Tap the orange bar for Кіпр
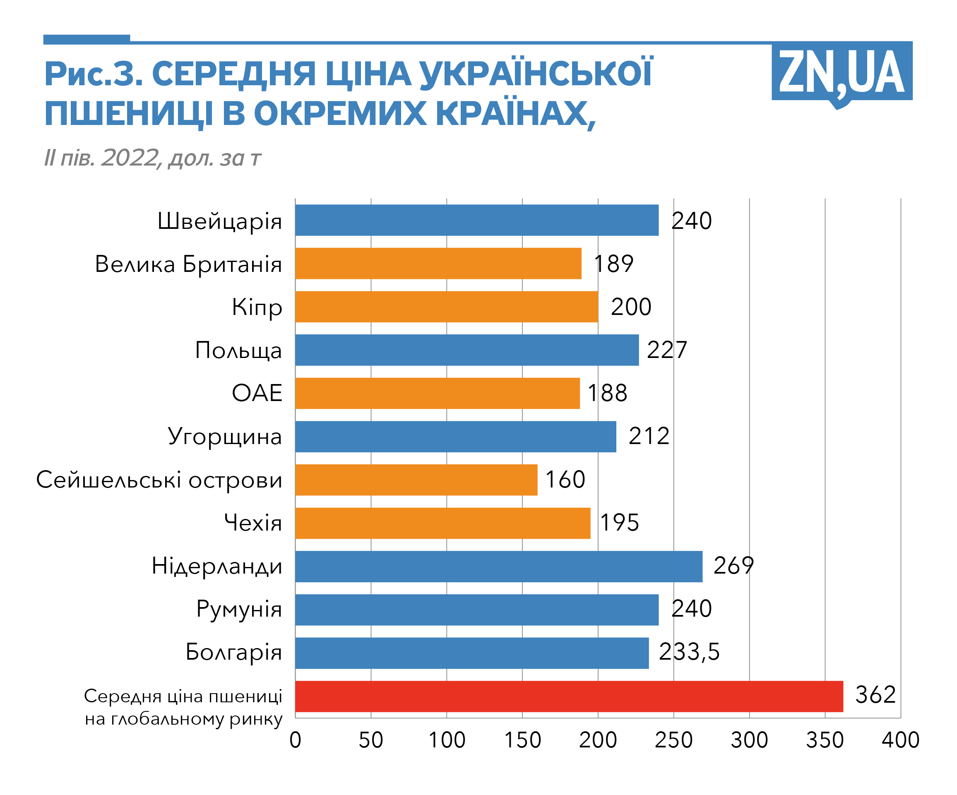click(446, 307)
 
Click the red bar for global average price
click(569, 696)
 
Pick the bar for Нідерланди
click(498, 566)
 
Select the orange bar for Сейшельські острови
click(416, 480)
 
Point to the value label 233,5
click(689, 652)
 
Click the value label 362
click(875, 695)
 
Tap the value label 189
click(613, 264)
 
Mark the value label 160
click(565, 480)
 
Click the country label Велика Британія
click(188, 264)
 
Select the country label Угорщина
click(225, 437)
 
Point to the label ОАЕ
click(257, 393)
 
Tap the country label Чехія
click(253, 523)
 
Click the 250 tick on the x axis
click(673, 740)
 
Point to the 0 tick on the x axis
click(295, 740)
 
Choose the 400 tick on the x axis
click(900, 740)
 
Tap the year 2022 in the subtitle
click(130, 158)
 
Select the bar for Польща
click(466, 350)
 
